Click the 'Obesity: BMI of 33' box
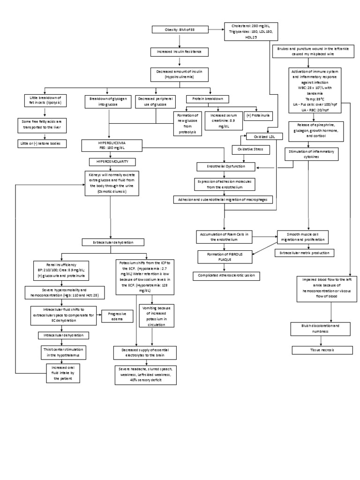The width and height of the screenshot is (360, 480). pyautogui.click(x=180, y=30)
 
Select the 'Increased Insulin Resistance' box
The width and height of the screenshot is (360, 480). pyautogui.click(x=180, y=52)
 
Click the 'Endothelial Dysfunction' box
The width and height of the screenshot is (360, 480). pyautogui.click(x=226, y=166)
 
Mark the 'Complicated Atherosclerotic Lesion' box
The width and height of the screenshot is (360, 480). pyautogui.click(x=226, y=276)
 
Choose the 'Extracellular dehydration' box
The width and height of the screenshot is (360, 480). pyautogui.click(x=110, y=242)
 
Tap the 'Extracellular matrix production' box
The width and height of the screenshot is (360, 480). pyautogui.click(x=304, y=253)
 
